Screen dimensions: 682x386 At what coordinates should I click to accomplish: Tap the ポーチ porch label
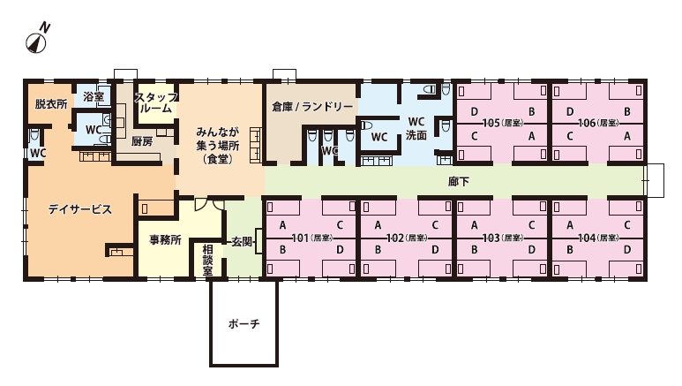coord(244,323)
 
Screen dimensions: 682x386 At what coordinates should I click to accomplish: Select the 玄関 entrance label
coord(242,242)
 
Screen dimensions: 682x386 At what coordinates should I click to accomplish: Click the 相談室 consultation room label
coord(207,260)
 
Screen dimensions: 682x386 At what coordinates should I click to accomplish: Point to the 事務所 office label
coord(165,240)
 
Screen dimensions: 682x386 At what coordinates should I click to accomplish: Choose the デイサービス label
coord(80,209)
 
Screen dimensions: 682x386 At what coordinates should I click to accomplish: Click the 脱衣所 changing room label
coord(51,104)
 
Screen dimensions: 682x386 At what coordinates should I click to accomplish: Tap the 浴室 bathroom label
coord(94,96)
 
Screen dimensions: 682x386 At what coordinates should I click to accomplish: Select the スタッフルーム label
coord(155,102)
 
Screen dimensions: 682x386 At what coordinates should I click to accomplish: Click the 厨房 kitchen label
coord(142,141)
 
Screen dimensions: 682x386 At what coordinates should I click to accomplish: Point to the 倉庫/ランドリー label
coord(312,107)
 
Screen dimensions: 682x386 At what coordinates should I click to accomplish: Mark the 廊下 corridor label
coord(459,182)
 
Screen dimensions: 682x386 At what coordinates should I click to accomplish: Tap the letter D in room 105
coord(474,112)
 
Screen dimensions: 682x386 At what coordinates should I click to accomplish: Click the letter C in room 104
coord(627,225)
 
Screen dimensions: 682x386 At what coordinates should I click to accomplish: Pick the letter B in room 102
coord(378,250)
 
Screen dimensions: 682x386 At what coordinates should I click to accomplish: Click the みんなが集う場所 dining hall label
coord(217,145)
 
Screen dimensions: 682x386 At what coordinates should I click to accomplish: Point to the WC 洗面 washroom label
coord(416,129)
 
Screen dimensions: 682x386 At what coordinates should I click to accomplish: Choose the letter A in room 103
coord(474,225)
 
